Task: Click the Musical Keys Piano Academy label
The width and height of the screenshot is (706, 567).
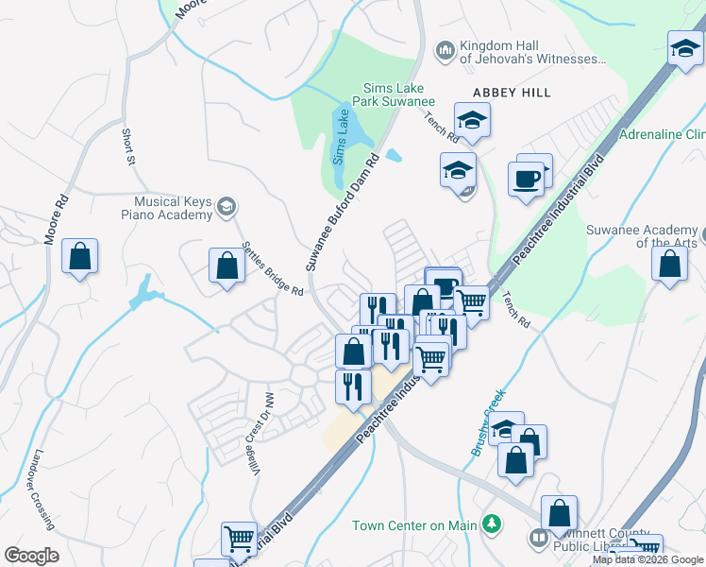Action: (x=173, y=209)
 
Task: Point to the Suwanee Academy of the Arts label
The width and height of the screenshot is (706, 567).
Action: (x=642, y=235)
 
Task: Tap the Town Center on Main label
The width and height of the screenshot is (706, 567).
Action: (x=414, y=525)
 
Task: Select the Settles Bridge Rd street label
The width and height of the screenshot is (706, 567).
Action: (x=271, y=269)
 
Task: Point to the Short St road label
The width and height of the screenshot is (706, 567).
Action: (x=127, y=146)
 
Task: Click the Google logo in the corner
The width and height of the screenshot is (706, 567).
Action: (x=31, y=556)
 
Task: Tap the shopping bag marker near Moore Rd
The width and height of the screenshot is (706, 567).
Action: (x=80, y=255)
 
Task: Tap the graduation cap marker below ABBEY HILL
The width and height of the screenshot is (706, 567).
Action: (x=472, y=119)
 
